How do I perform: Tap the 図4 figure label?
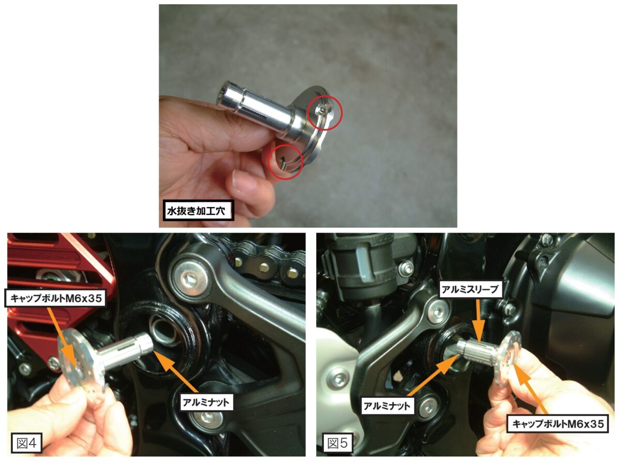pos(26,443)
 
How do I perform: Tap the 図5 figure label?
pos(337,443)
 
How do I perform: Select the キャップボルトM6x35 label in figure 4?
pos(55,298)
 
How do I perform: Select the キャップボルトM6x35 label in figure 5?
pos(558,424)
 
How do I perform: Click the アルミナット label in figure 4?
pos(205,402)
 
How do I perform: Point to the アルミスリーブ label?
pos(470,289)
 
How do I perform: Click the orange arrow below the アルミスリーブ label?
pos(478,322)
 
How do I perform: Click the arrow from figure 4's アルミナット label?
pos(176,372)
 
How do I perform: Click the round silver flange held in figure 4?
pos(81,364)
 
